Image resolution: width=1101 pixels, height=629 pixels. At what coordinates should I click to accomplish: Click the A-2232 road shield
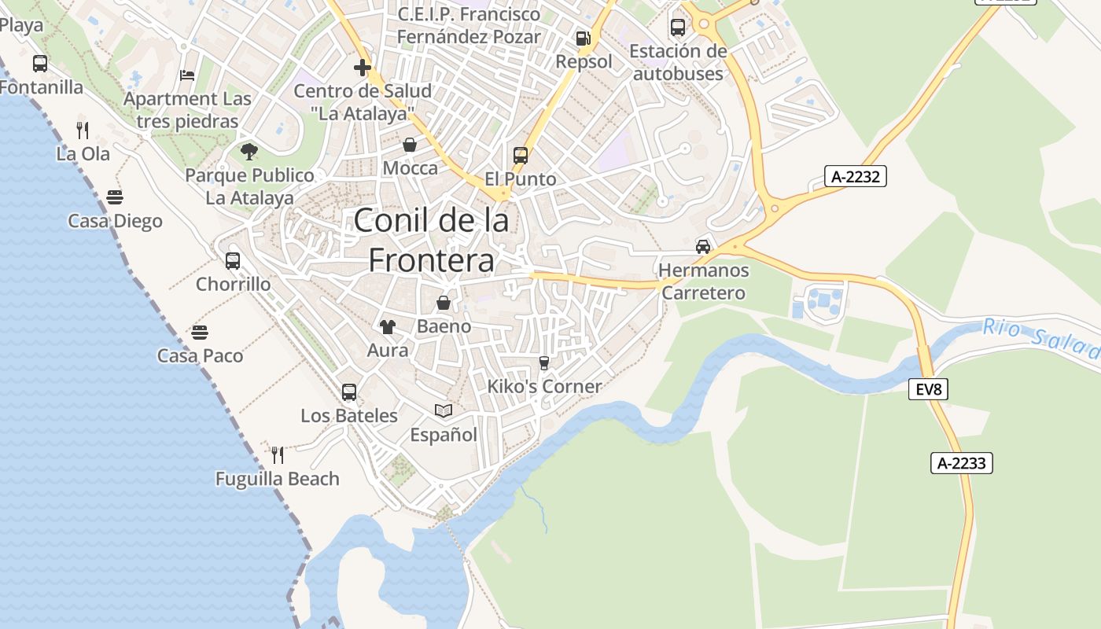point(856,177)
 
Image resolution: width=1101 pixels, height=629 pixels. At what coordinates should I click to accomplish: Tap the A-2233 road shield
point(962,463)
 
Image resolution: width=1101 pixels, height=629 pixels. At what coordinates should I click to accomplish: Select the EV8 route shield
point(928,388)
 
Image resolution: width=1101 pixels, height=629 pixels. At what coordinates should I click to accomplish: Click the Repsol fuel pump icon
point(583,39)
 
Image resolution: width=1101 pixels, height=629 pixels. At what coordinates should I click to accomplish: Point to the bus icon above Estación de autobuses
point(678,28)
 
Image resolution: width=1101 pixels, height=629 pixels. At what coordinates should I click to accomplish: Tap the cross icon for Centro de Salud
point(363,68)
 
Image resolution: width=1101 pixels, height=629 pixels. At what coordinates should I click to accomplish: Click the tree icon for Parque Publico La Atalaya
point(249,151)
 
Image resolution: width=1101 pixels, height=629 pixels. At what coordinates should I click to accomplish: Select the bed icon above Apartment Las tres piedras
point(187,75)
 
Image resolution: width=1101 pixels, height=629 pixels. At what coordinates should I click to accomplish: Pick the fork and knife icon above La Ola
point(83,130)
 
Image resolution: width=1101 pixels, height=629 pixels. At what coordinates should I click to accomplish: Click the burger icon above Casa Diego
point(115,197)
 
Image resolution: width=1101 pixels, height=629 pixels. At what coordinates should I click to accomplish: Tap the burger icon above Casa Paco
point(200,333)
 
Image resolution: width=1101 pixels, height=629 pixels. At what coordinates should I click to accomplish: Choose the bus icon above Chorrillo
point(233,261)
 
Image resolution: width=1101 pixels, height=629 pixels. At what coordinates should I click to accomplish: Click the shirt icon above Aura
point(388,326)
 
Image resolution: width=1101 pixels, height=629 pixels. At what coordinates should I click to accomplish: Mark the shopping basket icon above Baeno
point(444,303)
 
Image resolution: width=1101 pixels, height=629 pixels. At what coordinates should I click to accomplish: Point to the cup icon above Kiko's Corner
point(543,362)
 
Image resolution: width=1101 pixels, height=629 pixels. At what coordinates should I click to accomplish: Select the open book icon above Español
point(444,411)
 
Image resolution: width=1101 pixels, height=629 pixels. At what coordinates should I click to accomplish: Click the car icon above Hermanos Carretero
point(703,247)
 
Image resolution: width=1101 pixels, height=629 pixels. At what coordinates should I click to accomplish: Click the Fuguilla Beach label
point(278,479)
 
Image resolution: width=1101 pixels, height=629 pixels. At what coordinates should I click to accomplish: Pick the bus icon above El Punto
point(521,156)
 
